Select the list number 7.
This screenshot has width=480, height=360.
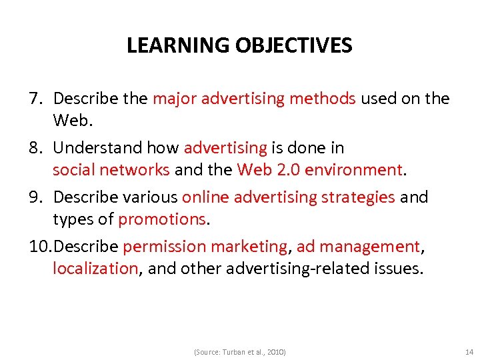pyautogui.click(x=35, y=99)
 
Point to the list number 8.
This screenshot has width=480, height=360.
pyautogui.click(x=35, y=147)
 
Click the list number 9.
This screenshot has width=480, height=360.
pyautogui.click(x=35, y=197)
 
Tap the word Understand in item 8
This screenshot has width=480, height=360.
pyautogui.click(x=94, y=147)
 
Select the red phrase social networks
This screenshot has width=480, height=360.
pyautogui.click(x=111, y=170)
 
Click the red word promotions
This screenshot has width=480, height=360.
pyautogui.click(x=161, y=219)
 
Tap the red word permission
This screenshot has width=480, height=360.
pyautogui.click(x=165, y=247)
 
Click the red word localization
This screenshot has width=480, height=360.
pyautogui.click(x=95, y=269)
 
